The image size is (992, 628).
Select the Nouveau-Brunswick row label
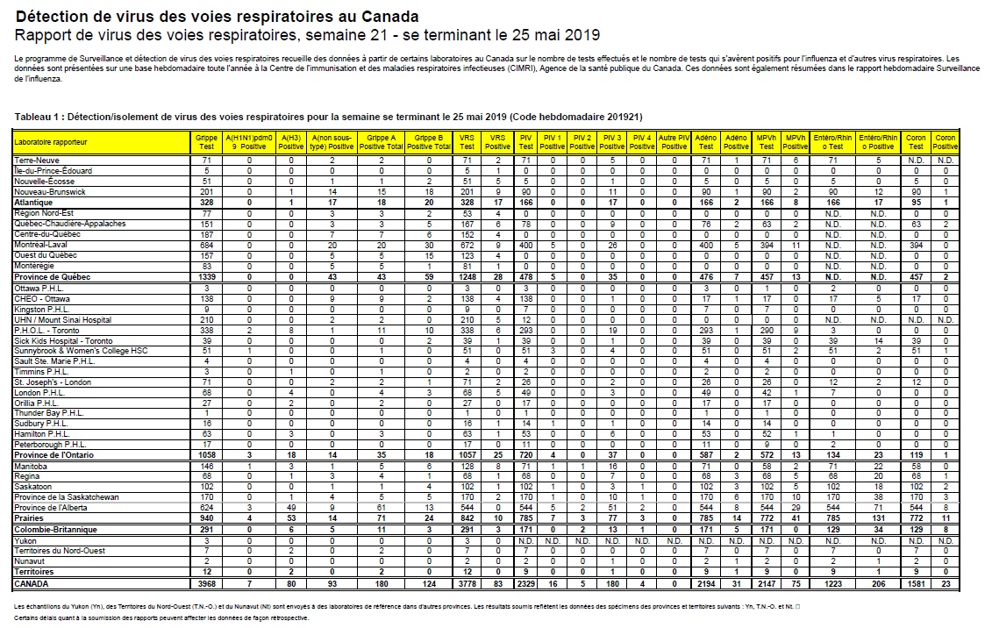point(50,191)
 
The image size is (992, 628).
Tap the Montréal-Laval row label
point(42,246)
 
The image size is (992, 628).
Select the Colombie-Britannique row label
point(55,531)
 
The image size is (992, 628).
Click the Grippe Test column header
point(207,142)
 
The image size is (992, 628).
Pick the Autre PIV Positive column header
point(674,142)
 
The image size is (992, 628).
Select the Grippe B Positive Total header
point(428,142)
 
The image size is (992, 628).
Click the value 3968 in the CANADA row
point(207,582)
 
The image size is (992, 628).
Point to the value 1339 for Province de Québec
point(207,276)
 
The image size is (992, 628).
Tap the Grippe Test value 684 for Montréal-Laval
point(207,246)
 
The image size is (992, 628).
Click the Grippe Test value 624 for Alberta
point(207,508)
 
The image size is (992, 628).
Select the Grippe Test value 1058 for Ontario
point(207,454)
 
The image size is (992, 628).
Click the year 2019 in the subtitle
point(582,35)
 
